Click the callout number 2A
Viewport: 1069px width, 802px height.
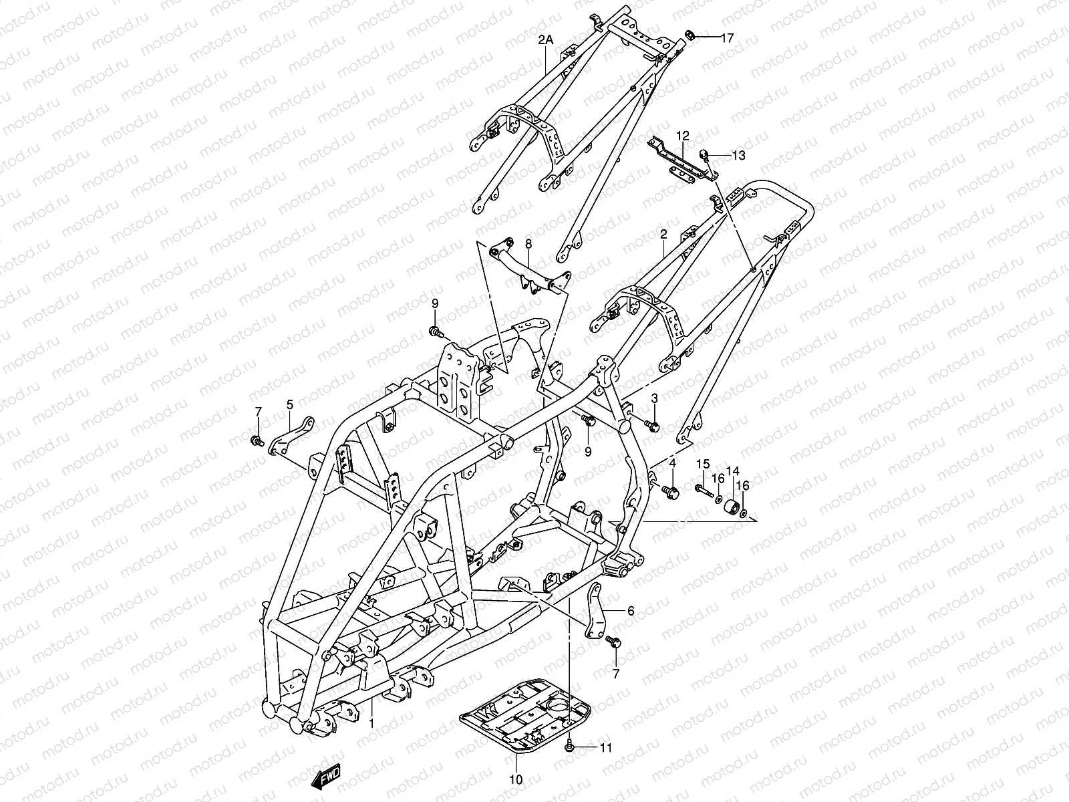coord(546,40)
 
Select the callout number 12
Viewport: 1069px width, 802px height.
coord(681,136)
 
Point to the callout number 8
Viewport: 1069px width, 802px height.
coord(528,244)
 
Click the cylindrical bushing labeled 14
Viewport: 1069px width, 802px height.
coord(732,507)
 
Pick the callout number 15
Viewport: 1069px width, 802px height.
coord(703,464)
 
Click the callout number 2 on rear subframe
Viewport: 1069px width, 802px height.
coord(663,235)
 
